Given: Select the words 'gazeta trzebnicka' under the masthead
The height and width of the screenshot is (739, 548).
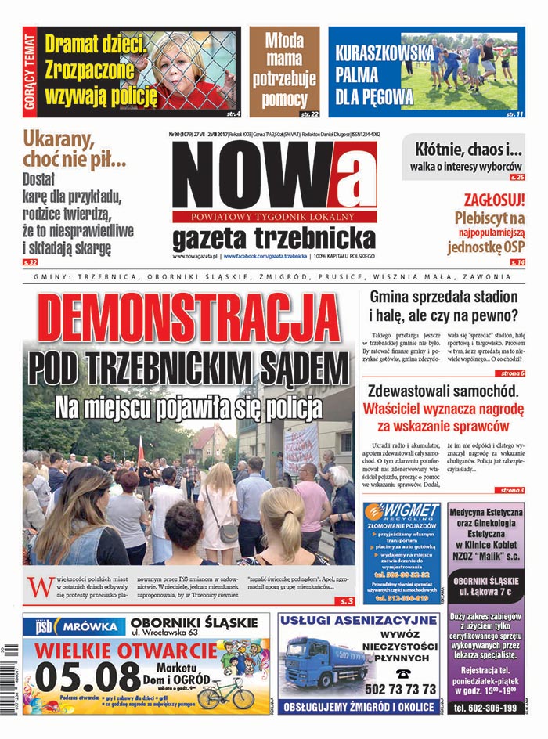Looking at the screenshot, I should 274,237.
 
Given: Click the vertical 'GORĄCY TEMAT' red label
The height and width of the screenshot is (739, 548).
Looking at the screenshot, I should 30,72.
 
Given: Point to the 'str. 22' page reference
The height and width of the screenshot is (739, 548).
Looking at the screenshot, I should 309,114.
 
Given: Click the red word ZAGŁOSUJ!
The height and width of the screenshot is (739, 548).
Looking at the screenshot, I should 493,200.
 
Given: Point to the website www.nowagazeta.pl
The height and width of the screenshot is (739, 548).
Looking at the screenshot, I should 195,256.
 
